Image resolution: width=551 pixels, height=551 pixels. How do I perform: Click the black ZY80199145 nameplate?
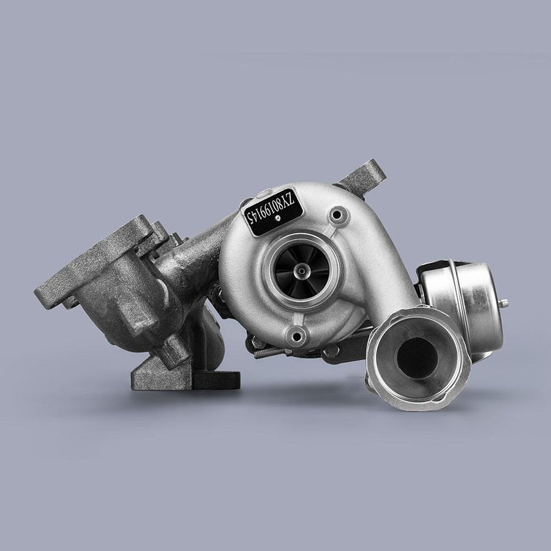274,212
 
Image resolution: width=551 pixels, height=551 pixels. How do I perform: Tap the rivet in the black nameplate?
278,218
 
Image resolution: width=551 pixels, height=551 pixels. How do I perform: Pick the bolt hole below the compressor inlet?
296,337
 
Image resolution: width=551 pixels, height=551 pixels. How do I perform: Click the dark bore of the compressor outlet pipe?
417,358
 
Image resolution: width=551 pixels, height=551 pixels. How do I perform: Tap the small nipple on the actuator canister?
504,304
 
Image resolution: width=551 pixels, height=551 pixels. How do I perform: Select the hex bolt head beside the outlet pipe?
331,351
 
